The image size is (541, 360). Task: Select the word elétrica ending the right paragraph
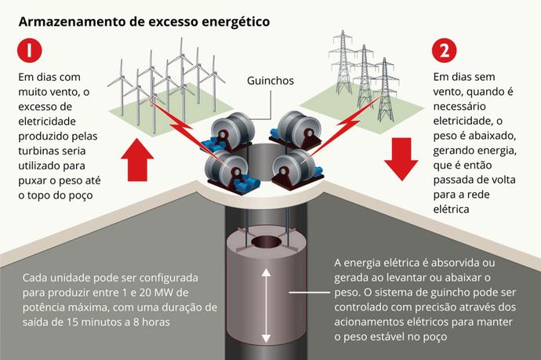point(452,209)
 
